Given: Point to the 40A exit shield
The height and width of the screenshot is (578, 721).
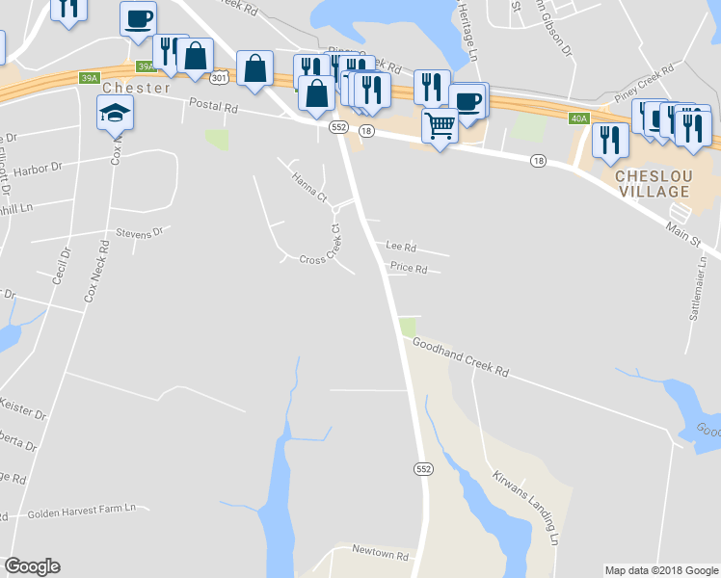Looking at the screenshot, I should click(578, 118).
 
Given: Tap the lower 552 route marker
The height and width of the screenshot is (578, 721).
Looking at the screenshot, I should click(424, 468).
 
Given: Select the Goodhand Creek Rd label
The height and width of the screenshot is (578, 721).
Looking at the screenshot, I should click(460, 356).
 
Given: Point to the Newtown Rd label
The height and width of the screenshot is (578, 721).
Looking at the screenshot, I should click(381, 556).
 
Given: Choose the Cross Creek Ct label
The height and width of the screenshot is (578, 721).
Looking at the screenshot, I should click(321, 260).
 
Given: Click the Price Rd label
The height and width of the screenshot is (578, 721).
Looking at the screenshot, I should click(409, 270).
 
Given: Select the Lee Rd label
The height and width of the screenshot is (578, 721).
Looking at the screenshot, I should click(400, 247).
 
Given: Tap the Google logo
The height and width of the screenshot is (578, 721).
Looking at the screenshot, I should click(32, 566).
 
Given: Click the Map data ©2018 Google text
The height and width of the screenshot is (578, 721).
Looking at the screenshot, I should click(661, 570).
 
